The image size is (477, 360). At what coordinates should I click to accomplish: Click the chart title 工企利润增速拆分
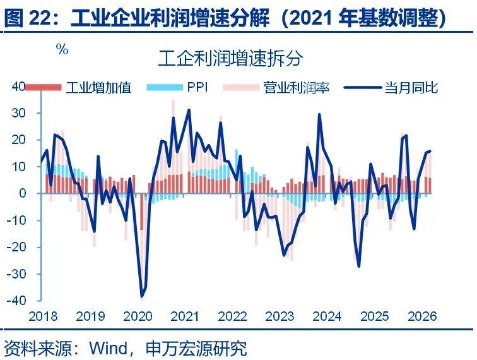pos(230,59)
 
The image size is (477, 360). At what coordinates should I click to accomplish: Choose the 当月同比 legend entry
pos(411,87)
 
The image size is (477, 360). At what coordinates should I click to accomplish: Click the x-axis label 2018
pos(43,316)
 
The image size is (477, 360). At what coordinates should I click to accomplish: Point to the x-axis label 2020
pos(138,316)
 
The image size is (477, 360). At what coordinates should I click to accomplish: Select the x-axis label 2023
pos(281,316)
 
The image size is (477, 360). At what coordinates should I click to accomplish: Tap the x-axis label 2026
pos(422,316)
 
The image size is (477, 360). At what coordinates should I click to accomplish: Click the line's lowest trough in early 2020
pos(141,296)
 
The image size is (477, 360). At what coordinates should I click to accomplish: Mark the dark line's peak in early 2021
pos(189,110)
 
